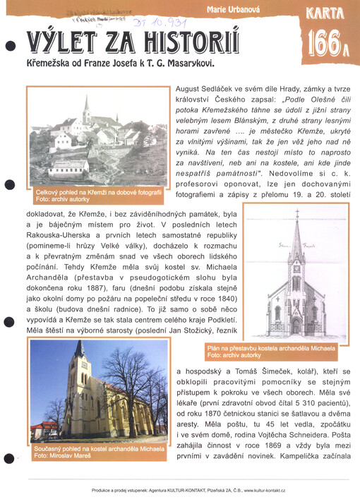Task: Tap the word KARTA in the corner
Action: (x=326, y=12)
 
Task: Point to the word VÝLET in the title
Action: (x=59, y=42)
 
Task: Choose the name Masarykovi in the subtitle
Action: (x=185, y=63)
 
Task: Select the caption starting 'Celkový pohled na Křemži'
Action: (x=98, y=191)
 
